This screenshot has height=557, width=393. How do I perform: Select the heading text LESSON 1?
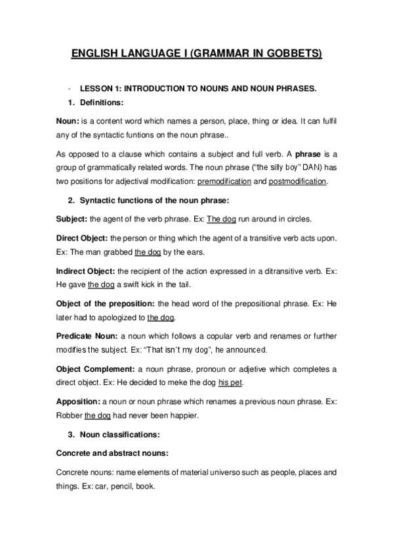coord(98,88)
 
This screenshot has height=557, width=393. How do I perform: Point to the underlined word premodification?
coord(234,181)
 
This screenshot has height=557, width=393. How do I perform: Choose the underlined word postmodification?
coord(297,181)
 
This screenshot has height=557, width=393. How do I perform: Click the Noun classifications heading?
coord(118,435)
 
